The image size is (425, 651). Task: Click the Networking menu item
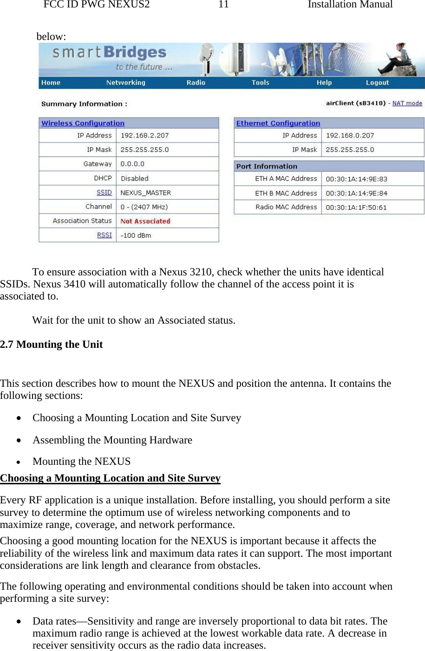tap(125, 83)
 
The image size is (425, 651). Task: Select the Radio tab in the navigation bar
tap(196, 83)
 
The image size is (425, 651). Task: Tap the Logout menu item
tap(377, 83)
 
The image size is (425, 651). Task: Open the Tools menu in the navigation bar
tap(260, 83)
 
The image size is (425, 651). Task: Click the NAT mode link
tap(407, 103)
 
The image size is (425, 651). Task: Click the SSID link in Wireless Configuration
tap(104, 192)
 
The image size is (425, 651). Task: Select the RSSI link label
tap(104, 235)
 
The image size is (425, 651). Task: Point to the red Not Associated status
tap(145, 221)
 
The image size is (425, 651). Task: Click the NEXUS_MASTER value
tap(146, 193)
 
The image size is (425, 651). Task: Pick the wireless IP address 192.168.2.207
tap(144, 136)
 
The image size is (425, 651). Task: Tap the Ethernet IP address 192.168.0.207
tap(350, 136)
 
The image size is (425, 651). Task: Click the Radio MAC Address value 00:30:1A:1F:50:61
tap(356, 208)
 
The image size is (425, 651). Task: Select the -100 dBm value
tap(136, 235)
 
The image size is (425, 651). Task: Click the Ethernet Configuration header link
tap(278, 123)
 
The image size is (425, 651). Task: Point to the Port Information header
tap(267, 166)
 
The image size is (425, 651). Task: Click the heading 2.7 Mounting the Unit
tap(52, 345)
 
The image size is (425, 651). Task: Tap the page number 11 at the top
tap(223, 5)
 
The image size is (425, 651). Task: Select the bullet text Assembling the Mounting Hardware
tap(112, 440)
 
